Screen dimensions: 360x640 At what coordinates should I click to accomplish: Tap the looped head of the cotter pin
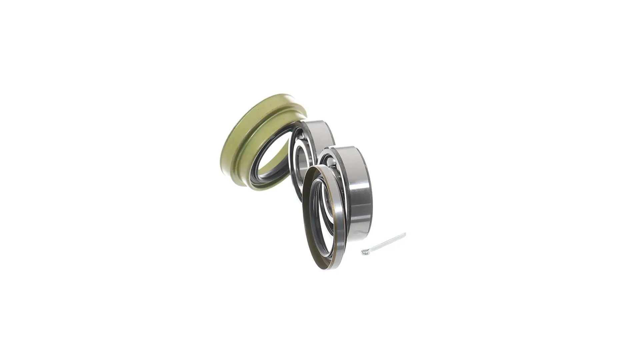pyautogui.click(x=364, y=252)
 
